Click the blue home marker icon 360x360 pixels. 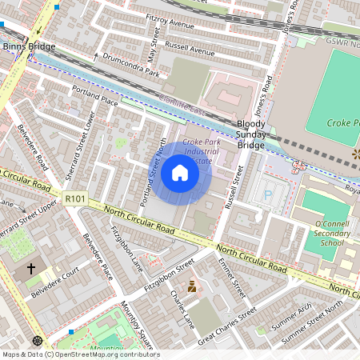tap(180, 173)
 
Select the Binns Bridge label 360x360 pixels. tap(30, 47)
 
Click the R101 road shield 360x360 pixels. tap(75, 198)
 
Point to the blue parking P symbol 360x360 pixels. tap(268, 194)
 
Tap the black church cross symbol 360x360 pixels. tap(32, 269)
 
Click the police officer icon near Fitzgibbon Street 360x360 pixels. tap(191, 286)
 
